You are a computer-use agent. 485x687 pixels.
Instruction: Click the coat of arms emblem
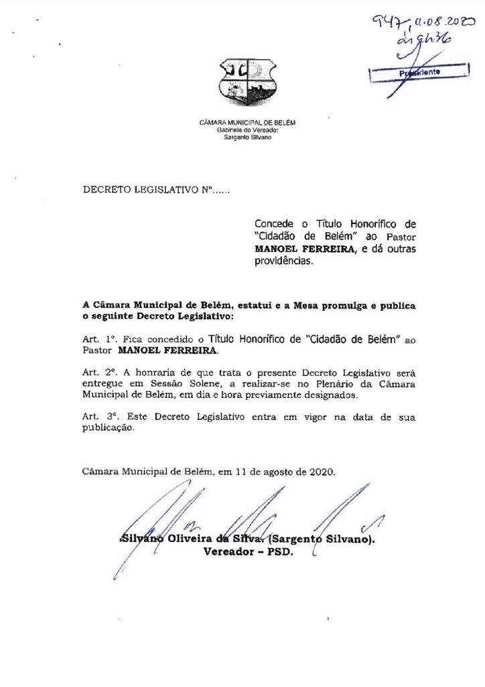(247, 82)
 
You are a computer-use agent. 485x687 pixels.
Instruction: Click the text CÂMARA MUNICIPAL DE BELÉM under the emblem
(247, 123)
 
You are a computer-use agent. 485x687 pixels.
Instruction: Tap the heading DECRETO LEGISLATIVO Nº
(155, 191)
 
